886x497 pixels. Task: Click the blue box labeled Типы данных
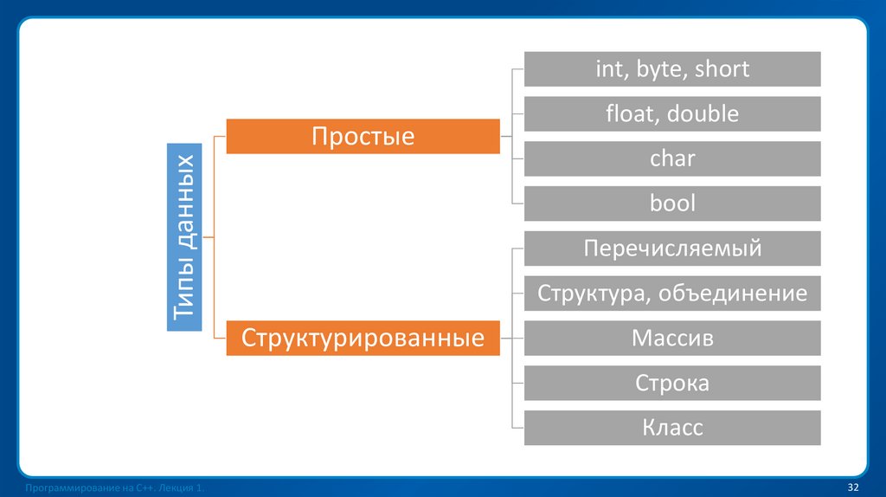[x=184, y=236]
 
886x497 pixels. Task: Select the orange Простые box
[x=363, y=136]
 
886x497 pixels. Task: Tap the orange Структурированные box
[x=363, y=338]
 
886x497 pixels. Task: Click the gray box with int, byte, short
[x=671, y=69]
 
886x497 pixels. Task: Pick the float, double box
[x=671, y=114]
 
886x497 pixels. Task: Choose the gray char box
[x=671, y=159]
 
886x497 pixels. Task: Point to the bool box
[x=671, y=204]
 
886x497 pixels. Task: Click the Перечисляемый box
[x=671, y=248]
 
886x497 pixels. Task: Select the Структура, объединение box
[x=671, y=294]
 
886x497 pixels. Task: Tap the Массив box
[x=671, y=338]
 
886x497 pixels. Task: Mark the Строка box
[x=671, y=383]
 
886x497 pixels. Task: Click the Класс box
[x=671, y=428]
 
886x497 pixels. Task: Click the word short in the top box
[x=721, y=69]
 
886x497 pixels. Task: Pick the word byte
[x=660, y=69]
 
